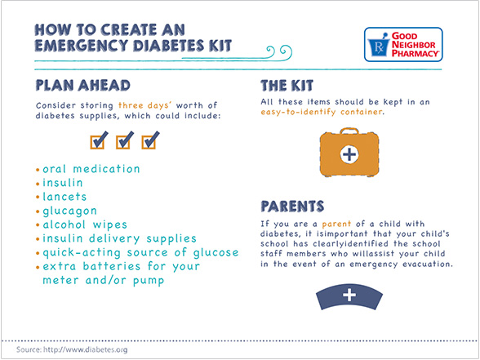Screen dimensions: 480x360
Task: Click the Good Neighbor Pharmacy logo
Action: [x=403, y=44]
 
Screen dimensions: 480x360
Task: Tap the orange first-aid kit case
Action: [x=349, y=153]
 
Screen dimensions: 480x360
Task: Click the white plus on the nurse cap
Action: [x=349, y=296]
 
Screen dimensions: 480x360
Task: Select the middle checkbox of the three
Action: [x=125, y=140]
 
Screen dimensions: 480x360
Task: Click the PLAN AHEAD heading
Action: [x=83, y=86]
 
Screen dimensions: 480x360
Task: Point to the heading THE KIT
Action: [x=287, y=86]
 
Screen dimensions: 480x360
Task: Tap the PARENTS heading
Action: [x=292, y=207]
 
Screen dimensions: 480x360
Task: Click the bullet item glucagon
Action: [x=70, y=211]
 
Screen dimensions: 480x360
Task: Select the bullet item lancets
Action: [x=64, y=197]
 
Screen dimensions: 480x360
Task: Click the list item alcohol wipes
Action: [x=85, y=224]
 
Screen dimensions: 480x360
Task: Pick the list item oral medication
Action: [x=91, y=169]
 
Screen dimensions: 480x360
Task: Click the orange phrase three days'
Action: [x=144, y=105]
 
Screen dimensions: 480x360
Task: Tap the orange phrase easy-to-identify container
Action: [x=322, y=112]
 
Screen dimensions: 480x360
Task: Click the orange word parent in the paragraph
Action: [x=336, y=224]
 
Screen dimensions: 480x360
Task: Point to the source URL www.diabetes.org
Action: [x=86, y=349]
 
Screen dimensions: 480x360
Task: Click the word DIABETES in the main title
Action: [x=169, y=46]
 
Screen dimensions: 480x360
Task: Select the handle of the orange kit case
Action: [x=349, y=131]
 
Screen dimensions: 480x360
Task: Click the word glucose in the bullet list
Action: [x=216, y=253]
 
